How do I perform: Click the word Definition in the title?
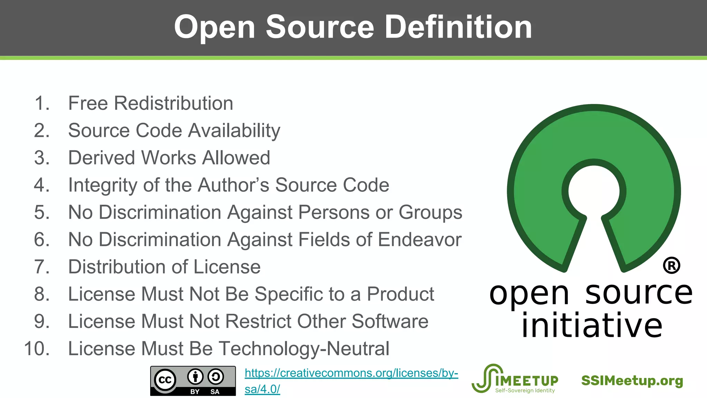(458, 27)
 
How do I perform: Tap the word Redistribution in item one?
(174, 103)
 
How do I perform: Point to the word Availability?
(234, 131)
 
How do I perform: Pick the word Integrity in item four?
(103, 185)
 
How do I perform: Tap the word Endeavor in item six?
(420, 239)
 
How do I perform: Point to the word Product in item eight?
(400, 294)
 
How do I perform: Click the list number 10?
(37, 349)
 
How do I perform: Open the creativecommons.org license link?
(351, 373)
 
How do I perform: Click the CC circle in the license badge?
(165, 380)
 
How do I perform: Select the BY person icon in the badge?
(195, 377)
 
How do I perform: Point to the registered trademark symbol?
(671, 266)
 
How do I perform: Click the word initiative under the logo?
(592, 325)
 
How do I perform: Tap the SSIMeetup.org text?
(632, 381)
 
